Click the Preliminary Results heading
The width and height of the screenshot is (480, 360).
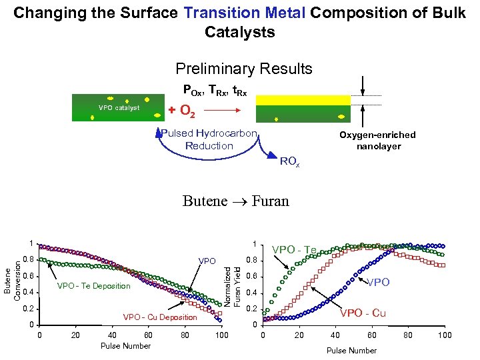pos(243,69)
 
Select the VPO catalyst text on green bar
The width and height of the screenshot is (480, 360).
pos(119,107)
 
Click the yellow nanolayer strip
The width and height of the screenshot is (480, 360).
pos(303,100)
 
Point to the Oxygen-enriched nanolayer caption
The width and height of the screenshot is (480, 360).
pos(377,140)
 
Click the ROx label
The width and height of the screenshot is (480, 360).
pos(289,161)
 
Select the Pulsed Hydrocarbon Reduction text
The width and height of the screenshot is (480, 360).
pos(209,139)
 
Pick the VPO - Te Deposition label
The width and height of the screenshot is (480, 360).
pos(94,286)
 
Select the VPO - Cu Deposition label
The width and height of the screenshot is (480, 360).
pos(161,317)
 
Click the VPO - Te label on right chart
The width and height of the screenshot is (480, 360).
pos(294,250)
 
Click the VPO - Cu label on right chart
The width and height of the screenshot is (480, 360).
pos(363,313)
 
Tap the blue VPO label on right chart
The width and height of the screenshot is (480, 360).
pos(379,282)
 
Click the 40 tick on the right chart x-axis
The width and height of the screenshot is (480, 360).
pos(335,335)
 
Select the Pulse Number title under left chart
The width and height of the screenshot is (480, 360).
pos(125,345)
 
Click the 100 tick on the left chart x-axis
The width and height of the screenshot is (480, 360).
pos(222,334)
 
